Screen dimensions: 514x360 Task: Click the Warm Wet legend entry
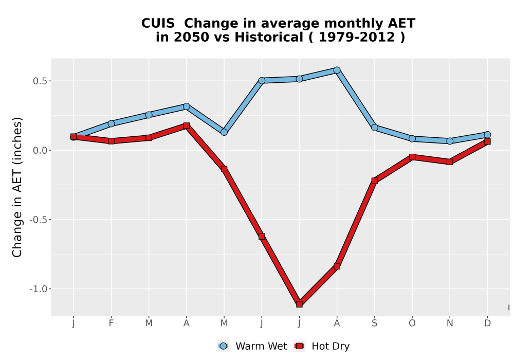252,346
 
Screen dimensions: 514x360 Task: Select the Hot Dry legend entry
322,346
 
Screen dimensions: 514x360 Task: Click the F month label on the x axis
111,323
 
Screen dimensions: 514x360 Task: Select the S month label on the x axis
374,323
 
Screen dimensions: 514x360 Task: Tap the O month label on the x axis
412,323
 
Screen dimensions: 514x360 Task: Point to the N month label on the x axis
450,323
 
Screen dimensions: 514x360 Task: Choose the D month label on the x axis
487,323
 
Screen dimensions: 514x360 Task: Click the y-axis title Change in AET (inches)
17,187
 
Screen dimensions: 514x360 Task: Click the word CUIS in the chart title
158,24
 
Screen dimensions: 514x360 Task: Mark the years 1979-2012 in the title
357,37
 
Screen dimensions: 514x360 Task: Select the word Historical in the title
269,37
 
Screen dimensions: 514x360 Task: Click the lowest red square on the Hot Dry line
299,304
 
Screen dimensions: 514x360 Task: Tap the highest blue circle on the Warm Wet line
337,70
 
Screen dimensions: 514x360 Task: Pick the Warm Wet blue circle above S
374,128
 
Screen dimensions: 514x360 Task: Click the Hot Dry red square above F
111,141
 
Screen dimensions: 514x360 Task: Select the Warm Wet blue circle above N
450,141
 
